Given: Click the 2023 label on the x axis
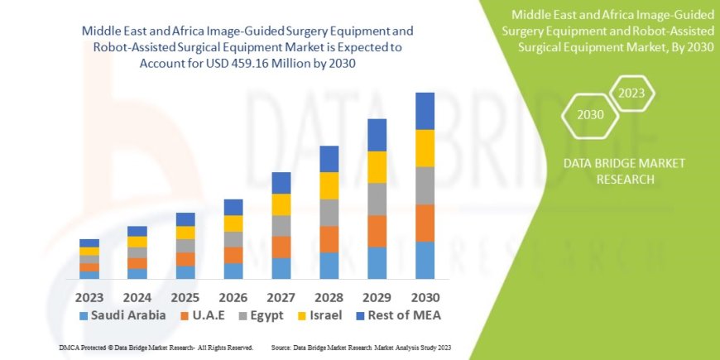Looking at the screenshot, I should (x=89, y=296).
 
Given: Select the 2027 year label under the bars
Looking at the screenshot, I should (x=281, y=296).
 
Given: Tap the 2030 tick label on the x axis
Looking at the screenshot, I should (x=425, y=296).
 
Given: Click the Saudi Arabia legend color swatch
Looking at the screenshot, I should (x=84, y=315).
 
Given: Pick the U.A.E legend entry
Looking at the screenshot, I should (x=206, y=315).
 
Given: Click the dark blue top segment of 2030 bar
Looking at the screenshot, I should (x=425, y=111).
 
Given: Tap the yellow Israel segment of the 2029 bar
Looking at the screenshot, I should (x=377, y=167).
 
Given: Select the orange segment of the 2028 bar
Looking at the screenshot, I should (x=329, y=239).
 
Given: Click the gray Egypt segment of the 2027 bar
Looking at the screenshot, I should (x=281, y=226).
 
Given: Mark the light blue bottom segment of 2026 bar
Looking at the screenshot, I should (x=233, y=271).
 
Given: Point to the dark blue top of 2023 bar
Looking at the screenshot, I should (x=89, y=243).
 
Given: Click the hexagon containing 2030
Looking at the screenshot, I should (x=590, y=114).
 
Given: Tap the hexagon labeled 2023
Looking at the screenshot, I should (x=631, y=93).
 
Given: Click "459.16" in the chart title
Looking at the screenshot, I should (x=265, y=62).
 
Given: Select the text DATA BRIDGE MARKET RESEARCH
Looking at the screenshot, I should (x=612, y=170).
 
